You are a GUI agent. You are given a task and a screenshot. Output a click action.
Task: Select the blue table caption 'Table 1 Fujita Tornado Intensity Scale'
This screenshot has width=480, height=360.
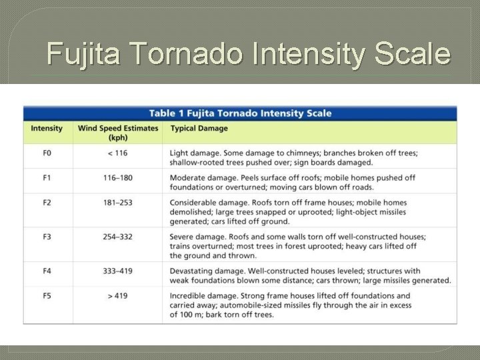tap(240, 113)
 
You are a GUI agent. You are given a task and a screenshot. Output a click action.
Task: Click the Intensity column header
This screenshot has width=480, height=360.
tap(47, 129)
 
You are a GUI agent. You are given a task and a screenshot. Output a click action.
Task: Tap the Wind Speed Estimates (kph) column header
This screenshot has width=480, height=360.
tap(118, 133)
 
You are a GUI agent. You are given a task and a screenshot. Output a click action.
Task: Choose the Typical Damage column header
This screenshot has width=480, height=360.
tap(199, 129)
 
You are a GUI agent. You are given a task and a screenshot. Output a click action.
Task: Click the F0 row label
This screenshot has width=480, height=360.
tap(47, 153)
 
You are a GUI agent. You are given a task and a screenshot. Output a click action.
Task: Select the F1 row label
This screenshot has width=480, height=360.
tap(47, 178)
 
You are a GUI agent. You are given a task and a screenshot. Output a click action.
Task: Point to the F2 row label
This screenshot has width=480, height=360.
tap(47, 203)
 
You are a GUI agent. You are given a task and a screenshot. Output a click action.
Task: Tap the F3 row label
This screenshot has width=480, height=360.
tap(47, 237)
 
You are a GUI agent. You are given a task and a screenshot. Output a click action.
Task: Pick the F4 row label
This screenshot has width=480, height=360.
tap(47, 271)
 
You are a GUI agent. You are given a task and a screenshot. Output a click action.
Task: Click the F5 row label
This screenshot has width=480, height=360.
tap(47, 296)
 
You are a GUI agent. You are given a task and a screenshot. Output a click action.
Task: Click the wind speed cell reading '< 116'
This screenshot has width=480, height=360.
tap(117, 153)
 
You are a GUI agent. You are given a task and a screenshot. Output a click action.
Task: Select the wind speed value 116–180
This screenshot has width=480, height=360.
tap(117, 178)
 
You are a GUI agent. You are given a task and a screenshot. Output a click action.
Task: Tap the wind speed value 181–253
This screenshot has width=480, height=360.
tap(117, 203)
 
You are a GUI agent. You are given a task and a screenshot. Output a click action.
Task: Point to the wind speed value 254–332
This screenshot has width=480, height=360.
tap(117, 237)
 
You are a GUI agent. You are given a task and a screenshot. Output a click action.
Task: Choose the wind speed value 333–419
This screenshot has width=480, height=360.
tap(117, 271)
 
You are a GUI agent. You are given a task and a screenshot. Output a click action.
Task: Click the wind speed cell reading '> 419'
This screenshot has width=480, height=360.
tap(117, 296)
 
